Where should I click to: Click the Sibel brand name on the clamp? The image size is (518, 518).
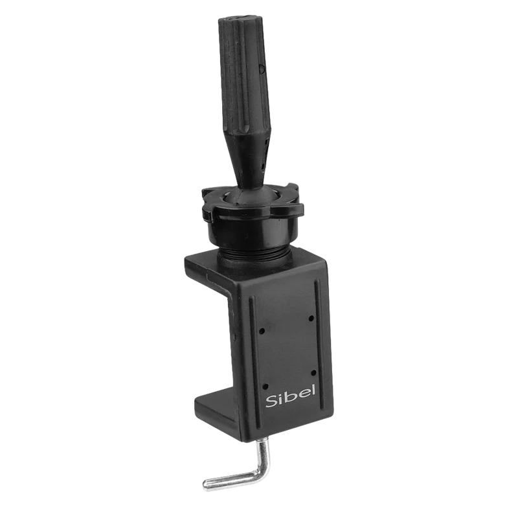coord(291,396)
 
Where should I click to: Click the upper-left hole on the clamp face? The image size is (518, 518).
coord(262,330)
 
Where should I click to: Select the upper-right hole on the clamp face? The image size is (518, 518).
coord(311,318)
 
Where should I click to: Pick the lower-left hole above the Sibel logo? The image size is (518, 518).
coord(265,386)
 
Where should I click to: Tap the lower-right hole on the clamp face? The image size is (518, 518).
coord(313,373)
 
